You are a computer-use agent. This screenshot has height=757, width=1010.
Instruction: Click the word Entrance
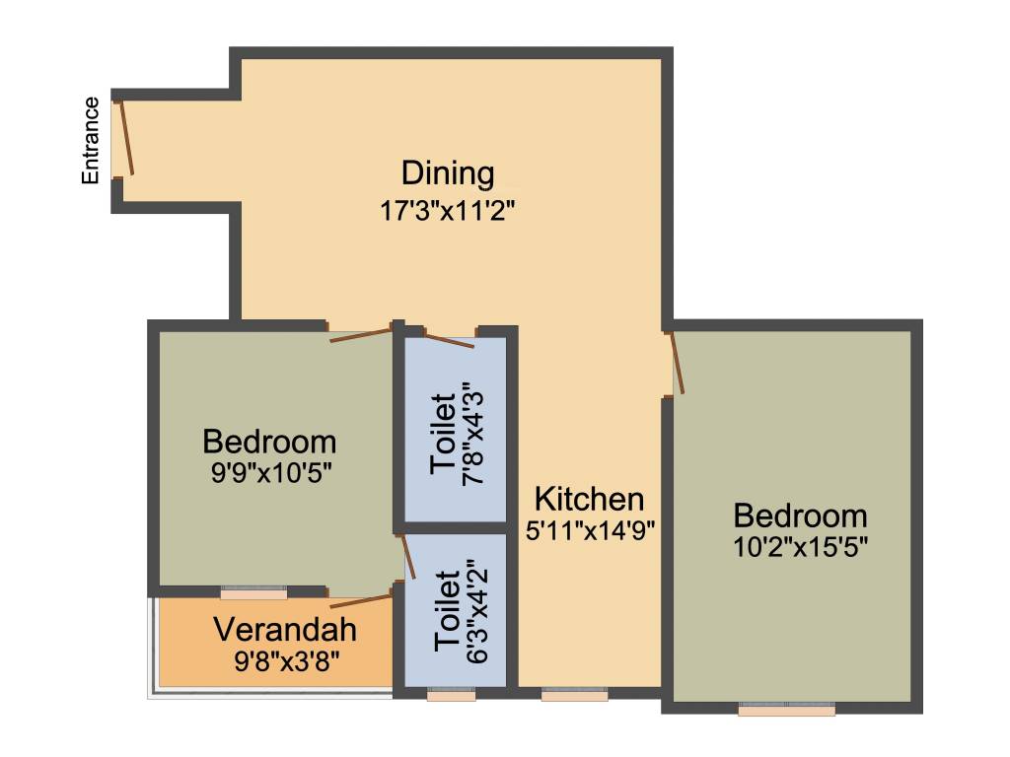point(91,140)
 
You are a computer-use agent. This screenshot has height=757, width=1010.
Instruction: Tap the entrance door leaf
point(125,138)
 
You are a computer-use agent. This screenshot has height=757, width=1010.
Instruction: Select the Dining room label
point(448,173)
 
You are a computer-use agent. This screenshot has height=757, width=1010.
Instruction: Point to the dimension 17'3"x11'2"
point(449,210)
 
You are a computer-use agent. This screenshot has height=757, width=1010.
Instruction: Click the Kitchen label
point(589,498)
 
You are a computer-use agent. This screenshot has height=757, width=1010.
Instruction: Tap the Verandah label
point(285,629)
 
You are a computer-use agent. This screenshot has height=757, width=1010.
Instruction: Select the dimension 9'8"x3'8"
point(286,659)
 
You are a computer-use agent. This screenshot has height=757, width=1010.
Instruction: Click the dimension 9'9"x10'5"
point(269,471)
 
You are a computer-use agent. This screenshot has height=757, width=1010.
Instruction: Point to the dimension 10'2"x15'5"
point(801,544)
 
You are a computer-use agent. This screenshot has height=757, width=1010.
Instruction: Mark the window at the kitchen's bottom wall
point(574,695)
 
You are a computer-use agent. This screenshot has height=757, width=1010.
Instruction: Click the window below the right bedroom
point(787,708)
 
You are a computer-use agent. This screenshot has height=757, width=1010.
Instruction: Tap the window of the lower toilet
point(451,695)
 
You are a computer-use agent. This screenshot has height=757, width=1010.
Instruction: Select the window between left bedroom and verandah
point(253,593)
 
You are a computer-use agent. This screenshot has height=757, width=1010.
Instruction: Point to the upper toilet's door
point(449,341)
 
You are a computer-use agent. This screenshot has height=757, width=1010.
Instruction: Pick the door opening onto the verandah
point(361,600)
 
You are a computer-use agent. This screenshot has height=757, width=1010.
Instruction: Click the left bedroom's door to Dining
point(361,334)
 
